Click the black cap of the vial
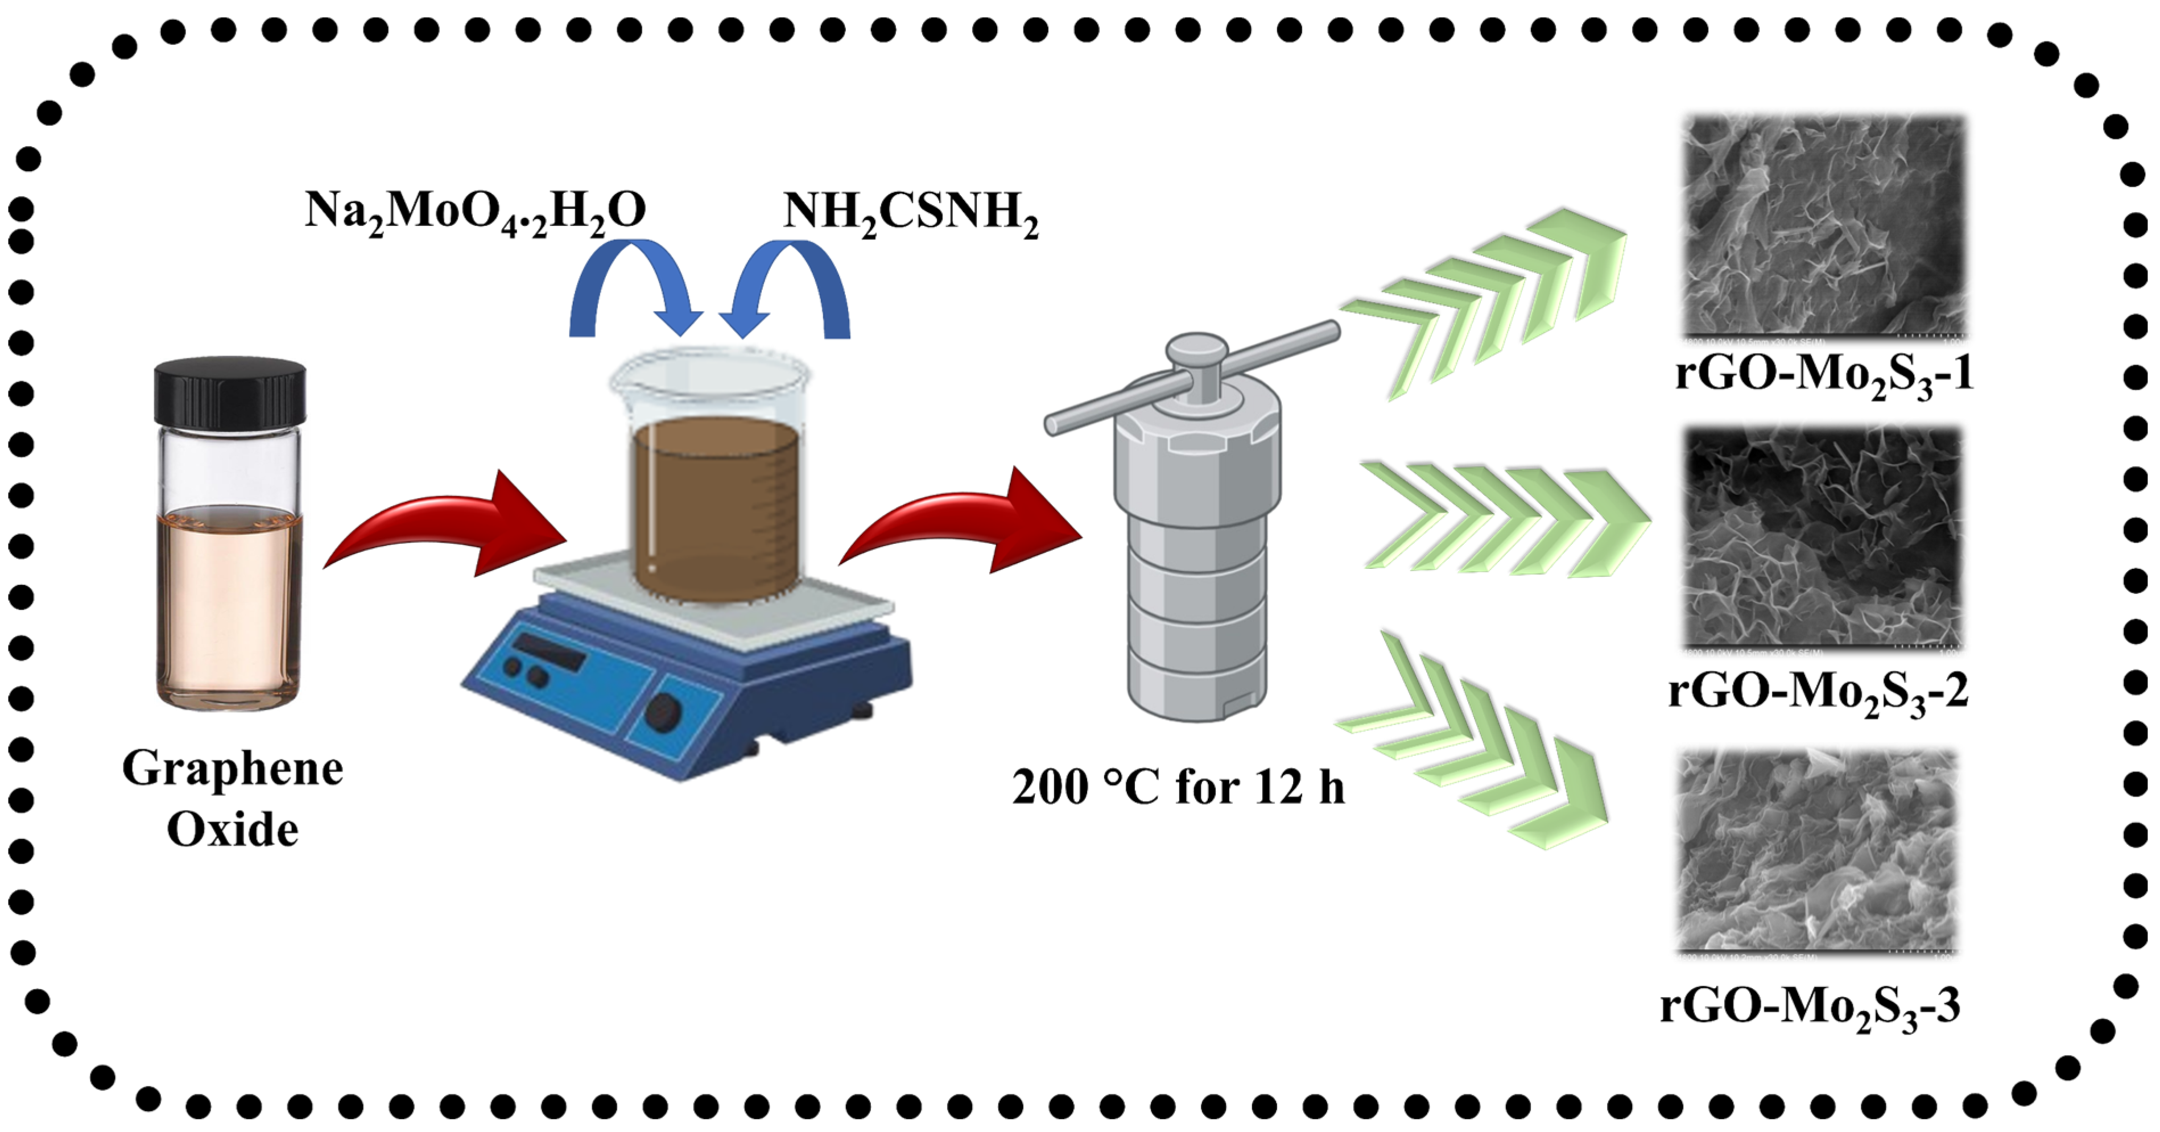tap(230, 391)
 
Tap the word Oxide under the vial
tap(232, 830)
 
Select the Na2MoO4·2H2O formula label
tap(474, 211)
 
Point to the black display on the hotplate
tap(549, 650)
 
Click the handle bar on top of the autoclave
tap(1191, 377)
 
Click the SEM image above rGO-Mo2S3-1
tap(1824, 226)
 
